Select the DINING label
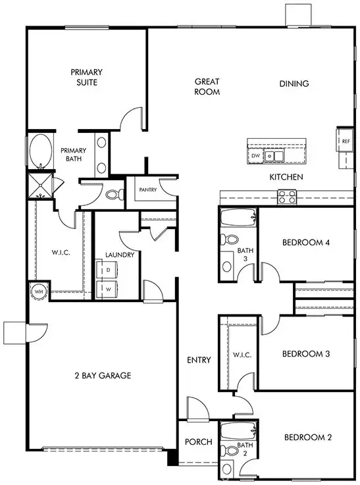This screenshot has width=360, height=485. [x=294, y=84]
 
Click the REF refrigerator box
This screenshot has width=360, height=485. [x=346, y=141]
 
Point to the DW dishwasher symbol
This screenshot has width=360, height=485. [x=255, y=156]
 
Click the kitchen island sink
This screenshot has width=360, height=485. [x=274, y=156]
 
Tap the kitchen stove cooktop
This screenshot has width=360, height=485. [x=287, y=195]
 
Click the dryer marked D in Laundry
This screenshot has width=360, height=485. [x=106, y=270]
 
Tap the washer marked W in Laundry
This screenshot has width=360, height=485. [x=106, y=288]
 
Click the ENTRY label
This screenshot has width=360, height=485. [x=199, y=360]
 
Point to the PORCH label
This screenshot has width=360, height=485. [x=198, y=442]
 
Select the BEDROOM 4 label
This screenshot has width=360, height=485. [x=306, y=242]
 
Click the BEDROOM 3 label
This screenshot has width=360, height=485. [x=306, y=354]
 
